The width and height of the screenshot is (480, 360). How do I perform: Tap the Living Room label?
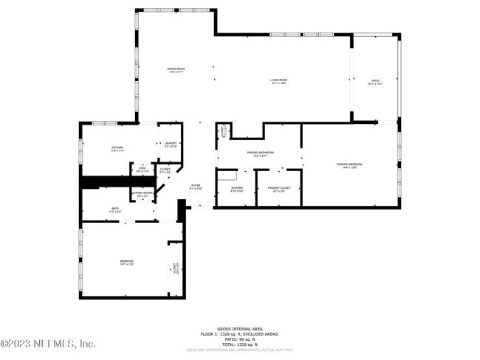[x=278, y=81]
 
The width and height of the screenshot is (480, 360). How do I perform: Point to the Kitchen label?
[x=117, y=148]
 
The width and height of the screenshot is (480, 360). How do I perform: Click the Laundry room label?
[x=171, y=145]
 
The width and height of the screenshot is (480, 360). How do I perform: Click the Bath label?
[x=115, y=210]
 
